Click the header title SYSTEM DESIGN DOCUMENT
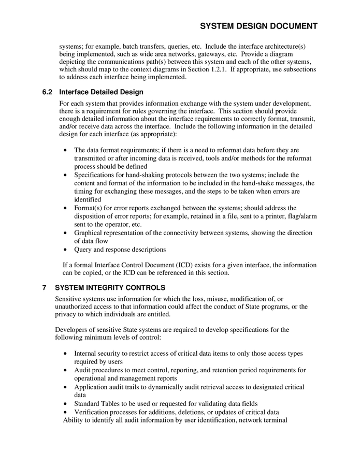coord(258,26)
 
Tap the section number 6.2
coord(48,93)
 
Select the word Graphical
coord(90,233)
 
